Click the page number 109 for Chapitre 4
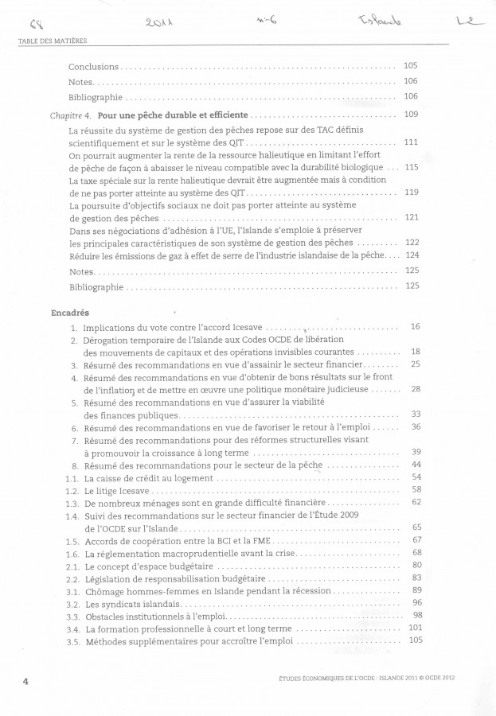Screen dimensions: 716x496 pos(411,115)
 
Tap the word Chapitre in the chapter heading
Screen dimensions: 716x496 pos(66,115)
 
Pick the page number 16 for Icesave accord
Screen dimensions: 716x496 pos(415,326)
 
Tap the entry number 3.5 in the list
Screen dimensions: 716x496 pos(72,640)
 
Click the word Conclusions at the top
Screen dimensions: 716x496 pos(93,67)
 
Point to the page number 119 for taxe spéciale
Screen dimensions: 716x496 pos(412,192)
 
